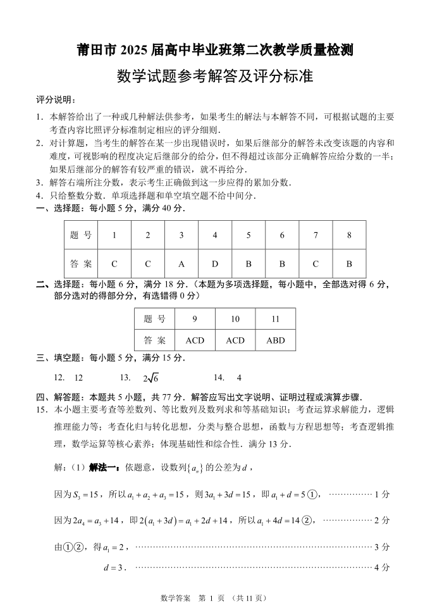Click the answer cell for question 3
coord(181,264)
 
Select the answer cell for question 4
coord(215,264)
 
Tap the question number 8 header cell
coord(349,235)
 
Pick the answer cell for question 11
coord(276,340)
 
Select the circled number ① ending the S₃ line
coord(311,494)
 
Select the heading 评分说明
coord(56,100)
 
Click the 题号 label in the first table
coord(81,235)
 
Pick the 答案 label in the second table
coord(155,340)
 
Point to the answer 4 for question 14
coord(239,377)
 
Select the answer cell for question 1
coord(114,264)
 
